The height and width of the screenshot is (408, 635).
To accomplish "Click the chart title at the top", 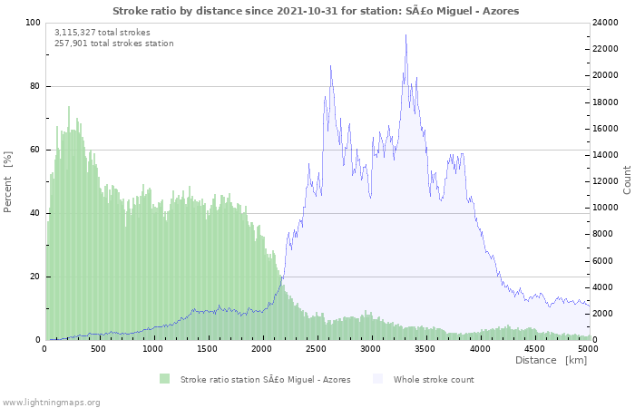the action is point(316,11).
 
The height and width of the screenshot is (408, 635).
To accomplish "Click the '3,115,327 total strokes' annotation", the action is point(102,33).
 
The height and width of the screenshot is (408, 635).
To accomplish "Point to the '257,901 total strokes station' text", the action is point(113,44).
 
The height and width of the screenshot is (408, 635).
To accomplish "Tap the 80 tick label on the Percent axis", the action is point(35,86).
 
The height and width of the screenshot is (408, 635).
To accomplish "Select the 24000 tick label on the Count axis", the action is point(605,23).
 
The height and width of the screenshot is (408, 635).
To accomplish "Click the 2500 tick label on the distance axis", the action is point(316,349).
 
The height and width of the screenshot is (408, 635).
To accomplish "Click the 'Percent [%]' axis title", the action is point(8,181).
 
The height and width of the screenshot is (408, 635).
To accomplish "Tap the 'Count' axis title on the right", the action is point(627,180).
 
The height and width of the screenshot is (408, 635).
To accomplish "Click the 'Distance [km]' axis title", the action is point(551,360).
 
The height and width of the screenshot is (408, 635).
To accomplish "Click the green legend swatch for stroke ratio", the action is point(164,379).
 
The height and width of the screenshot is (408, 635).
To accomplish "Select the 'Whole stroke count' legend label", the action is point(434,380).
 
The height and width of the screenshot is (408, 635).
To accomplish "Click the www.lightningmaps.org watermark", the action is point(50,403).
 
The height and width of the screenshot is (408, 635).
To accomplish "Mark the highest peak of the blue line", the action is point(405,34).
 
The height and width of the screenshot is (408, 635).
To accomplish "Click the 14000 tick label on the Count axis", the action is point(605,155).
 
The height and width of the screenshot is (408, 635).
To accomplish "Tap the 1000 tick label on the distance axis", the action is point(152,349).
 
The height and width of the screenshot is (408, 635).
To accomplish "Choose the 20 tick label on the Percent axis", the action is point(35,277).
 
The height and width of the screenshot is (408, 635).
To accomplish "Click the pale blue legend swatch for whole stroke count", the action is point(377,379).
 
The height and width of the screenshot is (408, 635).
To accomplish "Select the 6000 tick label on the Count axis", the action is point(603,261).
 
